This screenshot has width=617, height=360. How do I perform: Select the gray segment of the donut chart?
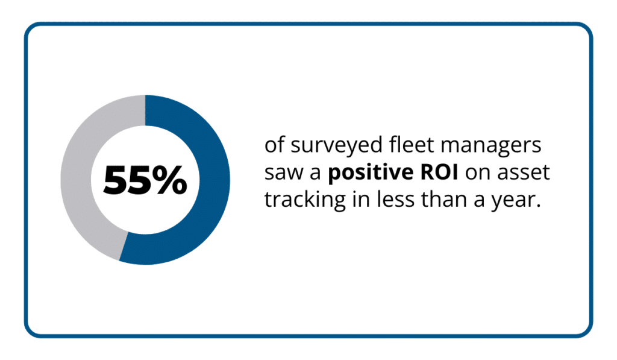pos(75,181)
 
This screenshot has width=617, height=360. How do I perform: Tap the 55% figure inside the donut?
pos(145,180)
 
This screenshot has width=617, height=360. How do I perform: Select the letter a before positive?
pos(315,174)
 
